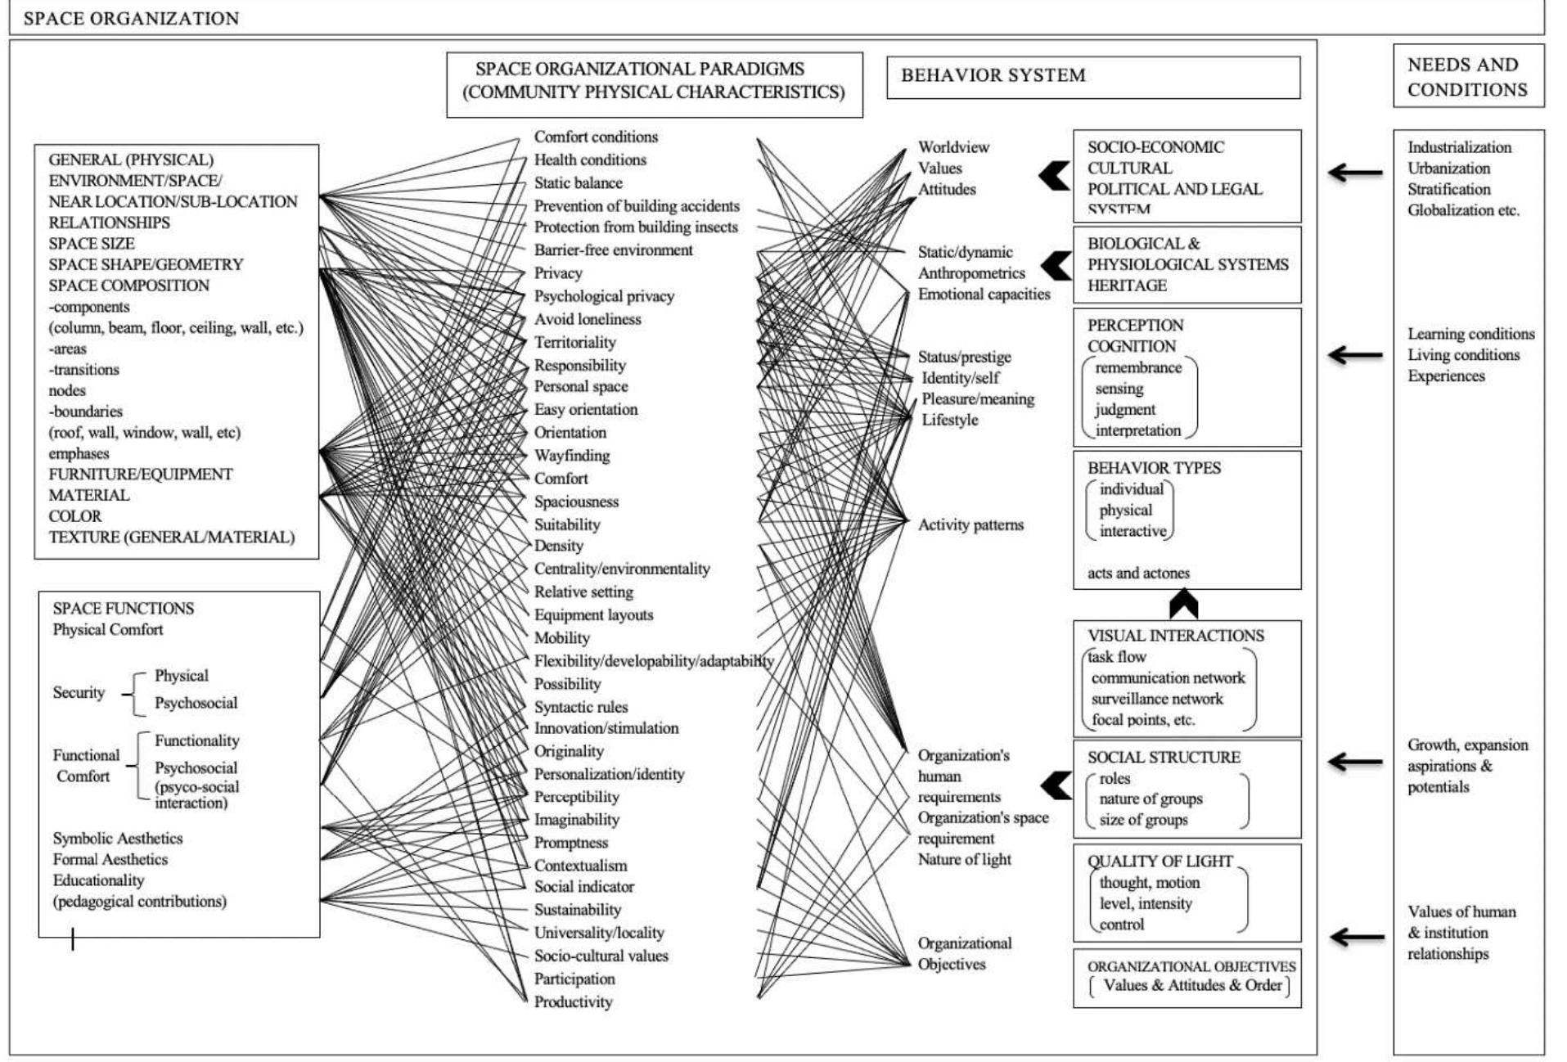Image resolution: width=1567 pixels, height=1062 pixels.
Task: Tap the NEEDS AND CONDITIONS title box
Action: click(x=1467, y=77)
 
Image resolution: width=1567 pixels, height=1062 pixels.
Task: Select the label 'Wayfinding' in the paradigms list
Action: click(x=571, y=456)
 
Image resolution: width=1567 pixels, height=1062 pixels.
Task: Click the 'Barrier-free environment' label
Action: click(x=613, y=250)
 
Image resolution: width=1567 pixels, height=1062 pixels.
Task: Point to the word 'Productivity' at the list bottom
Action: click(x=573, y=1002)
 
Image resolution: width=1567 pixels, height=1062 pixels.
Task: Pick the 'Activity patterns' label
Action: click(x=970, y=525)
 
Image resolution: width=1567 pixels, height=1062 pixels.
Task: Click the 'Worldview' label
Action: click(x=953, y=147)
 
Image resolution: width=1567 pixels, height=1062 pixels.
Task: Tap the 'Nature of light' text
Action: click(x=964, y=860)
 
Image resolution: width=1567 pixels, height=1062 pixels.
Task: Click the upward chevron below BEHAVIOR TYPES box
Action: click(x=1183, y=605)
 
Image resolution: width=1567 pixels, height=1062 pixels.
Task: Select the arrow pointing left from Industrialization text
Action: click(x=1354, y=173)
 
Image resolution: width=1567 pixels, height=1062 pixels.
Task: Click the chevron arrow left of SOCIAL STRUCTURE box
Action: click(x=1056, y=786)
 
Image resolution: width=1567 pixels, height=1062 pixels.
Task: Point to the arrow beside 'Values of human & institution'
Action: click(x=1356, y=937)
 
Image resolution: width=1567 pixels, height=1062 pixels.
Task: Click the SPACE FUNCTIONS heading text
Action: click(x=124, y=609)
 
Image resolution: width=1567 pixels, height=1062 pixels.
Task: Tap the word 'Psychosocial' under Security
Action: click(x=196, y=703)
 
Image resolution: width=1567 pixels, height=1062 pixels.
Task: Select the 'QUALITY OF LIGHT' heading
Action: click(x=1159, y=862)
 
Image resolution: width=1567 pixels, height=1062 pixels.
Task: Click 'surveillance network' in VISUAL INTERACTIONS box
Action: click(x=1157, y=700)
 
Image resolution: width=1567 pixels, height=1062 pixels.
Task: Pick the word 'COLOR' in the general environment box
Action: click(x=75, y=516)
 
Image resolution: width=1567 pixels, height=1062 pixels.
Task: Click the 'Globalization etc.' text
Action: click(x=1463, y=210)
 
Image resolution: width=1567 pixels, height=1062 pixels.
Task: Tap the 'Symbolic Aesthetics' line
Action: click(x=118, y=839)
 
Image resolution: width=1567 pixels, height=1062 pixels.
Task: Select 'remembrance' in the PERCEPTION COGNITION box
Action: click(x=1138, y=368)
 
